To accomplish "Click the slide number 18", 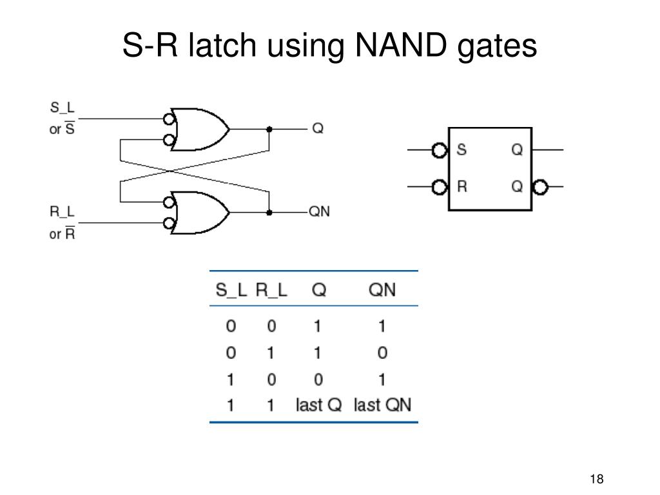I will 596,479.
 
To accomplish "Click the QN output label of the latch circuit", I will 320,211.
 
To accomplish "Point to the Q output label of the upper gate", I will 318,129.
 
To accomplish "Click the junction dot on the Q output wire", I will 269,129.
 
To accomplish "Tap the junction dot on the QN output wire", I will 269,212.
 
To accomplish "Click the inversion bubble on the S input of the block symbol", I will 440,150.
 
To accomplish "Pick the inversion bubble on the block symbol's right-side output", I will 540,188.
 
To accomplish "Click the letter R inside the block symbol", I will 461,187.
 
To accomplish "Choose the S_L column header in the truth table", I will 231,290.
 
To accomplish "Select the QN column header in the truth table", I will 382,290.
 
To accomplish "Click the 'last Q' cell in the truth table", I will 318,405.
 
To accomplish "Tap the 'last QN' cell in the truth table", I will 382,405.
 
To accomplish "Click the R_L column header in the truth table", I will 271,290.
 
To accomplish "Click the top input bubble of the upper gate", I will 169,119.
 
